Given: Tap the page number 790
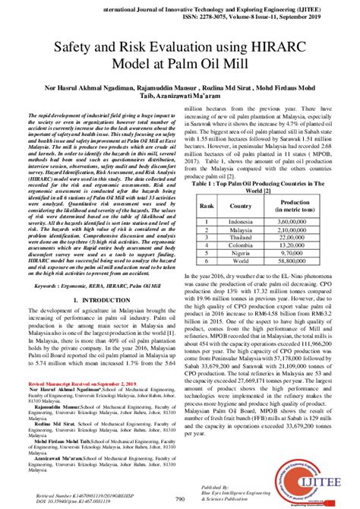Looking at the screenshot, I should tap(180, 498).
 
